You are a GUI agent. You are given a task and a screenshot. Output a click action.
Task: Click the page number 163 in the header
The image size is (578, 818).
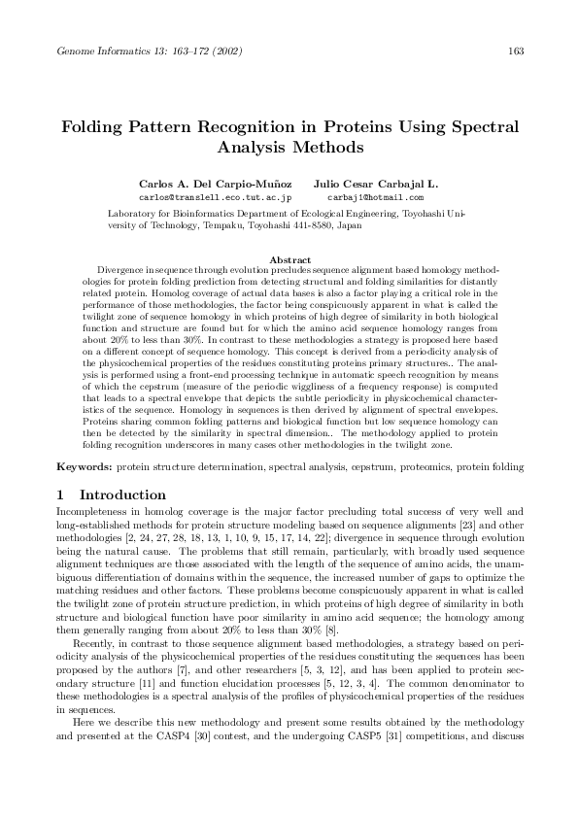click(516, 51)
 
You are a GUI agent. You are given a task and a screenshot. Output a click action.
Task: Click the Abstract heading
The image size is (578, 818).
click(289, 260)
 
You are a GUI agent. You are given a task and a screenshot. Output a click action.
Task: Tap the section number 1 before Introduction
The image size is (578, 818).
click(60, 495)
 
